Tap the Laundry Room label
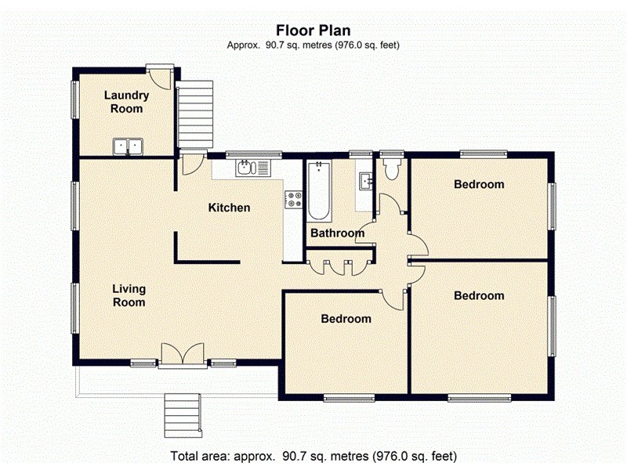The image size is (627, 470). (x=126, y=102)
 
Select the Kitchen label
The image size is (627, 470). (x=229, y=208)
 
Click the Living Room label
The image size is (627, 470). (x=129, y=295)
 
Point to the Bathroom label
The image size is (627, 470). (x=337, y=233)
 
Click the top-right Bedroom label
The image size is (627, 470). (x=479, y=185)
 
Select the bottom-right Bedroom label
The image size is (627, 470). (x=479, y=296)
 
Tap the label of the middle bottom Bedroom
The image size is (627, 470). (x=346, y=319)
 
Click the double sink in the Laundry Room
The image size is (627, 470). (x=128, y=146)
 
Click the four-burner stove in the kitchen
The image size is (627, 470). (x=294, y=200)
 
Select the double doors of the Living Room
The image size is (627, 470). (x=183, y=354)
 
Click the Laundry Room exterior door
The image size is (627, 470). (x=161, y=77)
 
